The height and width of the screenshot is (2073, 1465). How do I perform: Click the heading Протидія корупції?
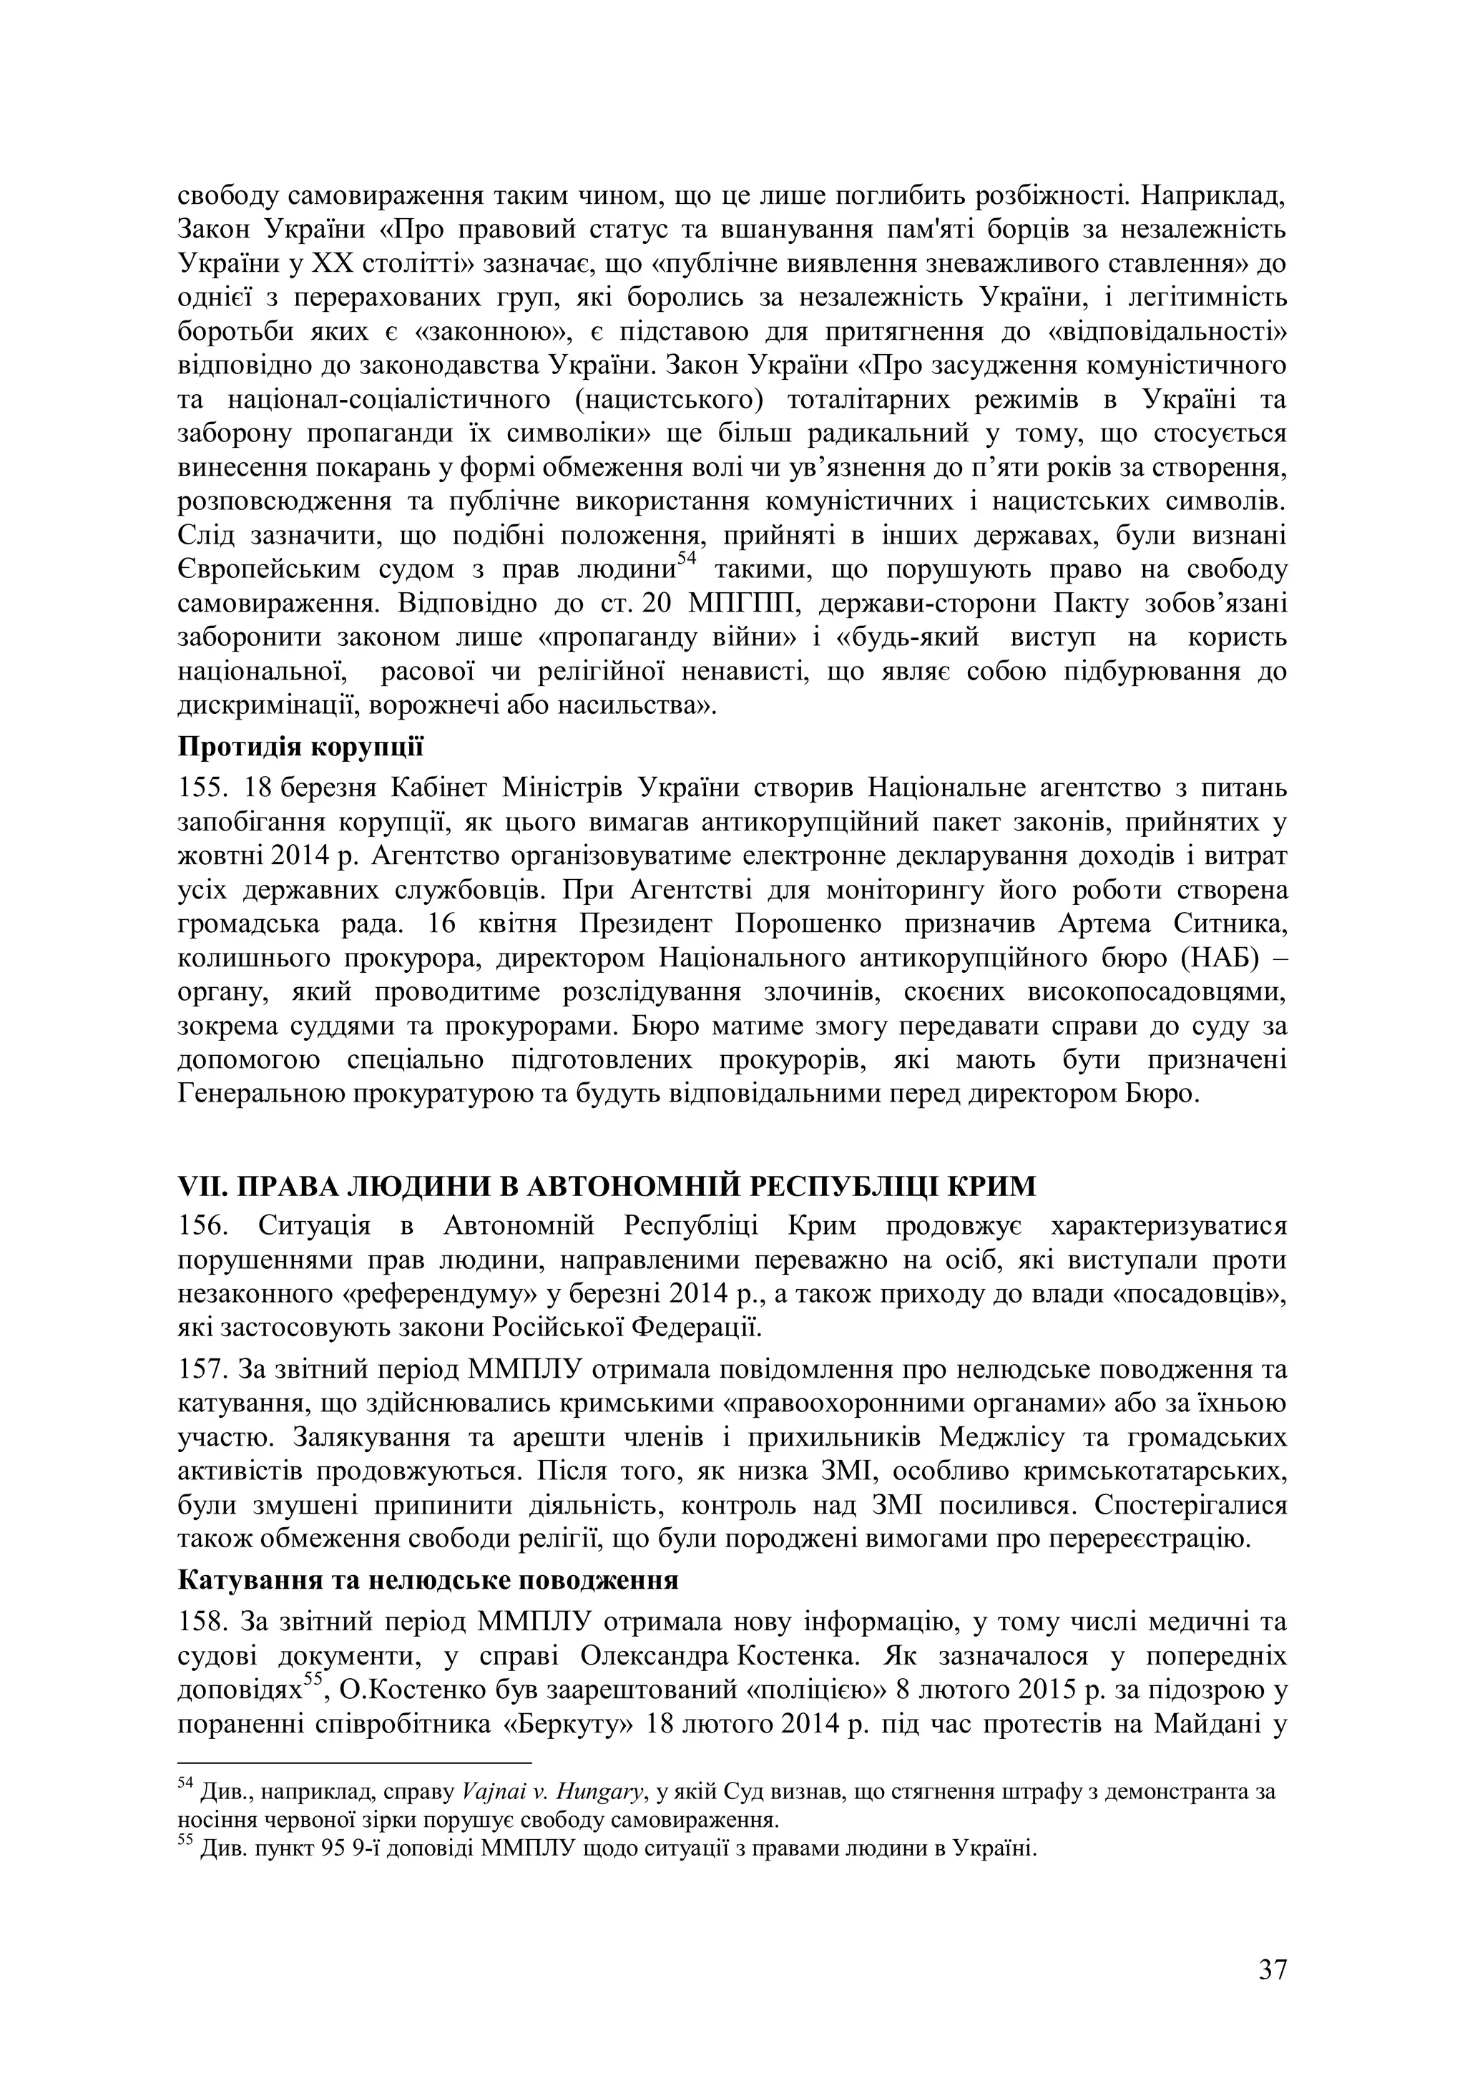pos(300,748)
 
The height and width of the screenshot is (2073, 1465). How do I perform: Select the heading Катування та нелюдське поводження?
pos(428,1580)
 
